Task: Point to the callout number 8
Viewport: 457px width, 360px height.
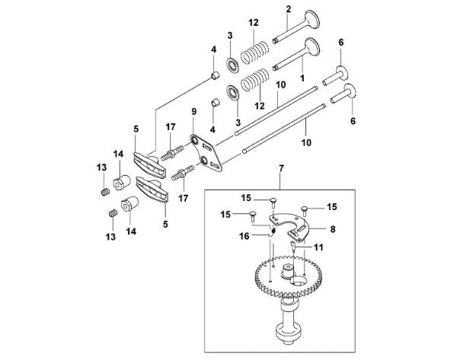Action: tap(333, 227)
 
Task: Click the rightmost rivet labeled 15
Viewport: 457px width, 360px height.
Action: tap(303, 206)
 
